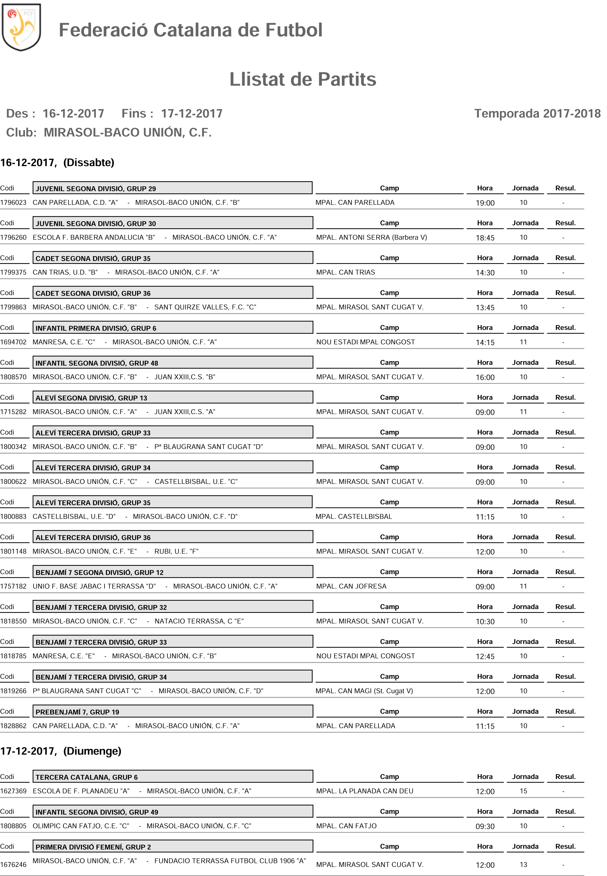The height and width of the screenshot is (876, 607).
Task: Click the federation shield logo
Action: (x=21, y=27)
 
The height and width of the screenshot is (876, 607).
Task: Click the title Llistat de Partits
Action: (x=303, y=80)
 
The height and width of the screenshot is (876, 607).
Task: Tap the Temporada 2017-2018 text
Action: (x=537, y=113)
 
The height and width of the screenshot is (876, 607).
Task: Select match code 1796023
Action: (x=13, y=203)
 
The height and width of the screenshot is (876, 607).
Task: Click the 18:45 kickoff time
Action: (x=485, y=238)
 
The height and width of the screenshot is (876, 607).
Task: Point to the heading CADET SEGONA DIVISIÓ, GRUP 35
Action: (x=93, y=258)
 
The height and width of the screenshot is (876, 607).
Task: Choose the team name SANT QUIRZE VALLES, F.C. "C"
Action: (x=205, y=307)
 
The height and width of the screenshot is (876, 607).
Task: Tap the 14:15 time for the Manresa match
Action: (x=485, y=342)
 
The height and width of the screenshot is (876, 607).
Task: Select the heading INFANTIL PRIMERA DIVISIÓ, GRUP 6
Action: (x=96, y=328)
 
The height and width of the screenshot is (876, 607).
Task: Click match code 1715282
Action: (x=13, y=412)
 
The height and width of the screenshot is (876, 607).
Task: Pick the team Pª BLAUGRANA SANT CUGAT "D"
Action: (x=208, y=447)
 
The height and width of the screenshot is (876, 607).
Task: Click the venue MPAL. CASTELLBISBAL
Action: (x=354, y=517)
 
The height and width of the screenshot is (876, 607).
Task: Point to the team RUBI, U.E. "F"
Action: (x=176, y=551)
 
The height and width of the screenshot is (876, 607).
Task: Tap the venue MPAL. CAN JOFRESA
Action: (x=351, y=586)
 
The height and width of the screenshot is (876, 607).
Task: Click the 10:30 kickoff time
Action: (x=485, y=622)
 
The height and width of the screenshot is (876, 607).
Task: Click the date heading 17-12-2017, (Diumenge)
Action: (x=61, y=751)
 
